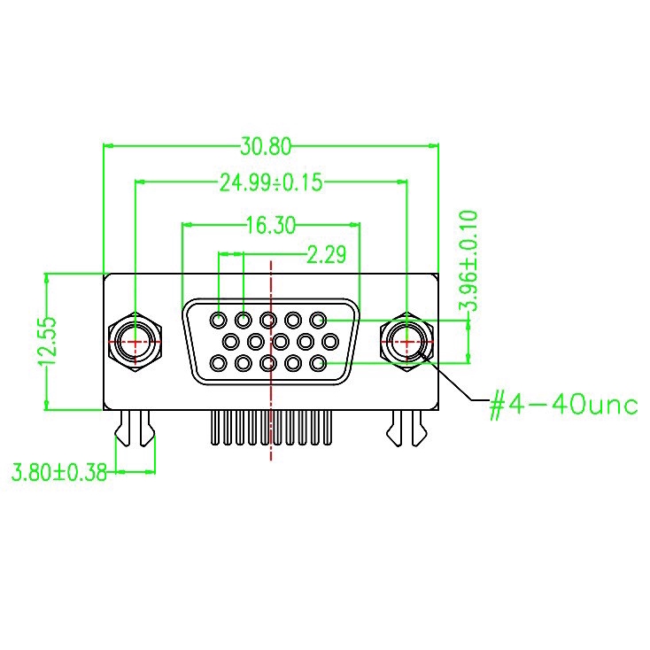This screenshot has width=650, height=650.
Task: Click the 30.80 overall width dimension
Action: (266, 146)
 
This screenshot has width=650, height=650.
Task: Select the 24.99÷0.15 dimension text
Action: (271, 182)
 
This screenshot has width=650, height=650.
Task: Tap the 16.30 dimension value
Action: (271, 226)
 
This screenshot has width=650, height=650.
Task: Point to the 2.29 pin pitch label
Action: (326, 254)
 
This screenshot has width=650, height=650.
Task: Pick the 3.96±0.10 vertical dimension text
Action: (468, 260)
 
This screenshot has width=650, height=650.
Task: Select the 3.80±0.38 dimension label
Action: (59, 472)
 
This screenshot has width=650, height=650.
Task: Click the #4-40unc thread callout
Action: (563, 404)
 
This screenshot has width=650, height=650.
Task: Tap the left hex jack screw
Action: (135, 342)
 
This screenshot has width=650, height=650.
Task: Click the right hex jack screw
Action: (407, 342)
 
